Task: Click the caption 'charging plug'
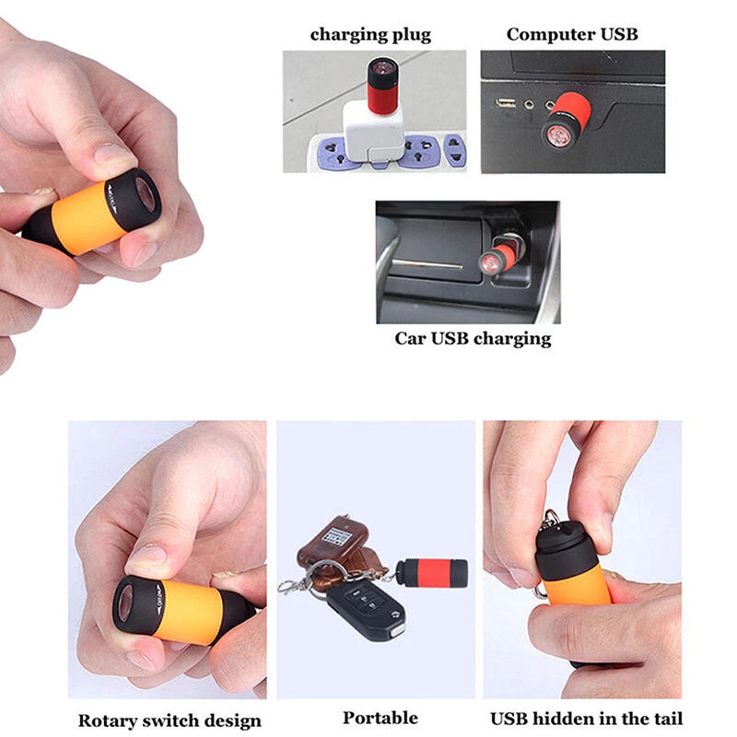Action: (x=370, y=35)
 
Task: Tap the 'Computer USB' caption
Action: (x=572, y=34)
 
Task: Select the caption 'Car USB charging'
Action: (x=473, y=338)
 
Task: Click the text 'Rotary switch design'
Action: (x=170, y=720)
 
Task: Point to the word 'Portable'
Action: (x=380, y=718)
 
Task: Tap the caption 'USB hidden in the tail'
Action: (x=586, y=719)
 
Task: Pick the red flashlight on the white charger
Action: (x=383, y=86)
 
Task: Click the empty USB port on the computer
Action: (x=506, y=102)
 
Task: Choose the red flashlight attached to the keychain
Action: (x=431, y=572)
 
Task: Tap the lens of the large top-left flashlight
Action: (x=146, y=194)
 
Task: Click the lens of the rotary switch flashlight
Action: (x=127, y=604)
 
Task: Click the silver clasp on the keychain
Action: (x=288, y=586)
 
